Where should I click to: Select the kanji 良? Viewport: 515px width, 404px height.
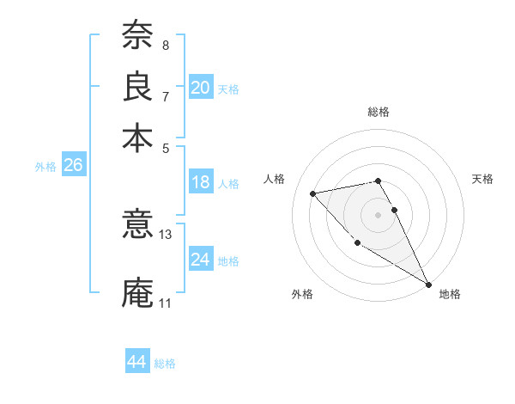tap(137, 85)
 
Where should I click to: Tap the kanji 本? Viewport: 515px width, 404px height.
tap(137, 137)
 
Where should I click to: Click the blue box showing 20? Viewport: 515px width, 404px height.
tap(200, 88)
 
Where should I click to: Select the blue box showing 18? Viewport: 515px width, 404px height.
tap(200, 182)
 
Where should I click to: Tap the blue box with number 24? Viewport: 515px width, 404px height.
tap(200, 260)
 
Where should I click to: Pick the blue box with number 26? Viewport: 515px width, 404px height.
tap(73, 166)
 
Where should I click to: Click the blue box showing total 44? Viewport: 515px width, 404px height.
tap(136, 362)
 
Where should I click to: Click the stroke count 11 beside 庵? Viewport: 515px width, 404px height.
tap(165, 303)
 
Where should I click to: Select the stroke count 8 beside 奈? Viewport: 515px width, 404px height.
tap(165, 45)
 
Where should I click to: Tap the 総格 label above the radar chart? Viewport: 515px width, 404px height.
tap(378, 112)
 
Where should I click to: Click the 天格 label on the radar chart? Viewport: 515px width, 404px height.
tap(483, 179)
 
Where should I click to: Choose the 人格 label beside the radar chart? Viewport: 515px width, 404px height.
tap(275, 179)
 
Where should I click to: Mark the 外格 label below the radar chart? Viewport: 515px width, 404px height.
tap(301, 294)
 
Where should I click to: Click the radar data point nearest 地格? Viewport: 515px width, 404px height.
tap(428, 284)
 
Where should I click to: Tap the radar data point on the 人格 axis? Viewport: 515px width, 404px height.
tap(313, 193)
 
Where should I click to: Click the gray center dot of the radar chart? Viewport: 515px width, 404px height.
tap(378, 214)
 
